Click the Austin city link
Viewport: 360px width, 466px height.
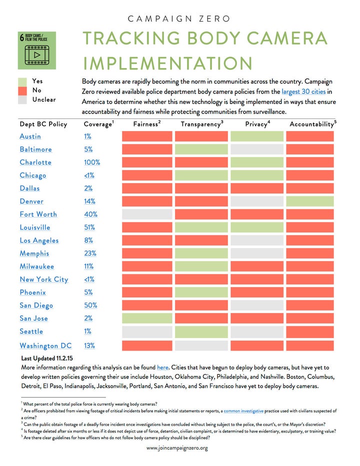click(x=30, y=136)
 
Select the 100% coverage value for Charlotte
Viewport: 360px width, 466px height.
click(x=92, y=162)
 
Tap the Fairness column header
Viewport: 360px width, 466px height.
click(x=146, y=124)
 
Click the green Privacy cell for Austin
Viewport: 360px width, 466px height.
click(x=257, y=136)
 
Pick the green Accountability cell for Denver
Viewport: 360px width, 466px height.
click(x=310, y=201)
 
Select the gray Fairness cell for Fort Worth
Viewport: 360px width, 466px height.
click(x=147, y=214)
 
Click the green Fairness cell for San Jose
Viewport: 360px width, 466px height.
click(x=147, y=318)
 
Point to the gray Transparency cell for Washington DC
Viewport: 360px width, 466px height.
click(x=201, y=345)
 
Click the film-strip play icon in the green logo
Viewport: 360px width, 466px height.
click(x=37, y=54)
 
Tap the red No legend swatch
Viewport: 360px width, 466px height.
click(x=22, y=90)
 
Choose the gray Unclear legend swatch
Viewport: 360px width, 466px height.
click(x=22, y=100)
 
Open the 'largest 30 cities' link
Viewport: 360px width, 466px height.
click(x=303, y=91)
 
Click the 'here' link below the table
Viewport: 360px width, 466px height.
click(x=162, y=367)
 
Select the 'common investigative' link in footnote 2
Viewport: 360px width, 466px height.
click(x=243, y=410)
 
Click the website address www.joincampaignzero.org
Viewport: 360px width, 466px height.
click(x=177, y=448)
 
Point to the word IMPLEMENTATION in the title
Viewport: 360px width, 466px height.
click(x=167, y=63)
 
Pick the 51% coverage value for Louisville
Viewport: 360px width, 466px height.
click(x=89, y=227)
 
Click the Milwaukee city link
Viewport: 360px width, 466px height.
click(x=37, y=266)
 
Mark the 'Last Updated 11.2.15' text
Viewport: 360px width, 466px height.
click(x=47, y=358)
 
